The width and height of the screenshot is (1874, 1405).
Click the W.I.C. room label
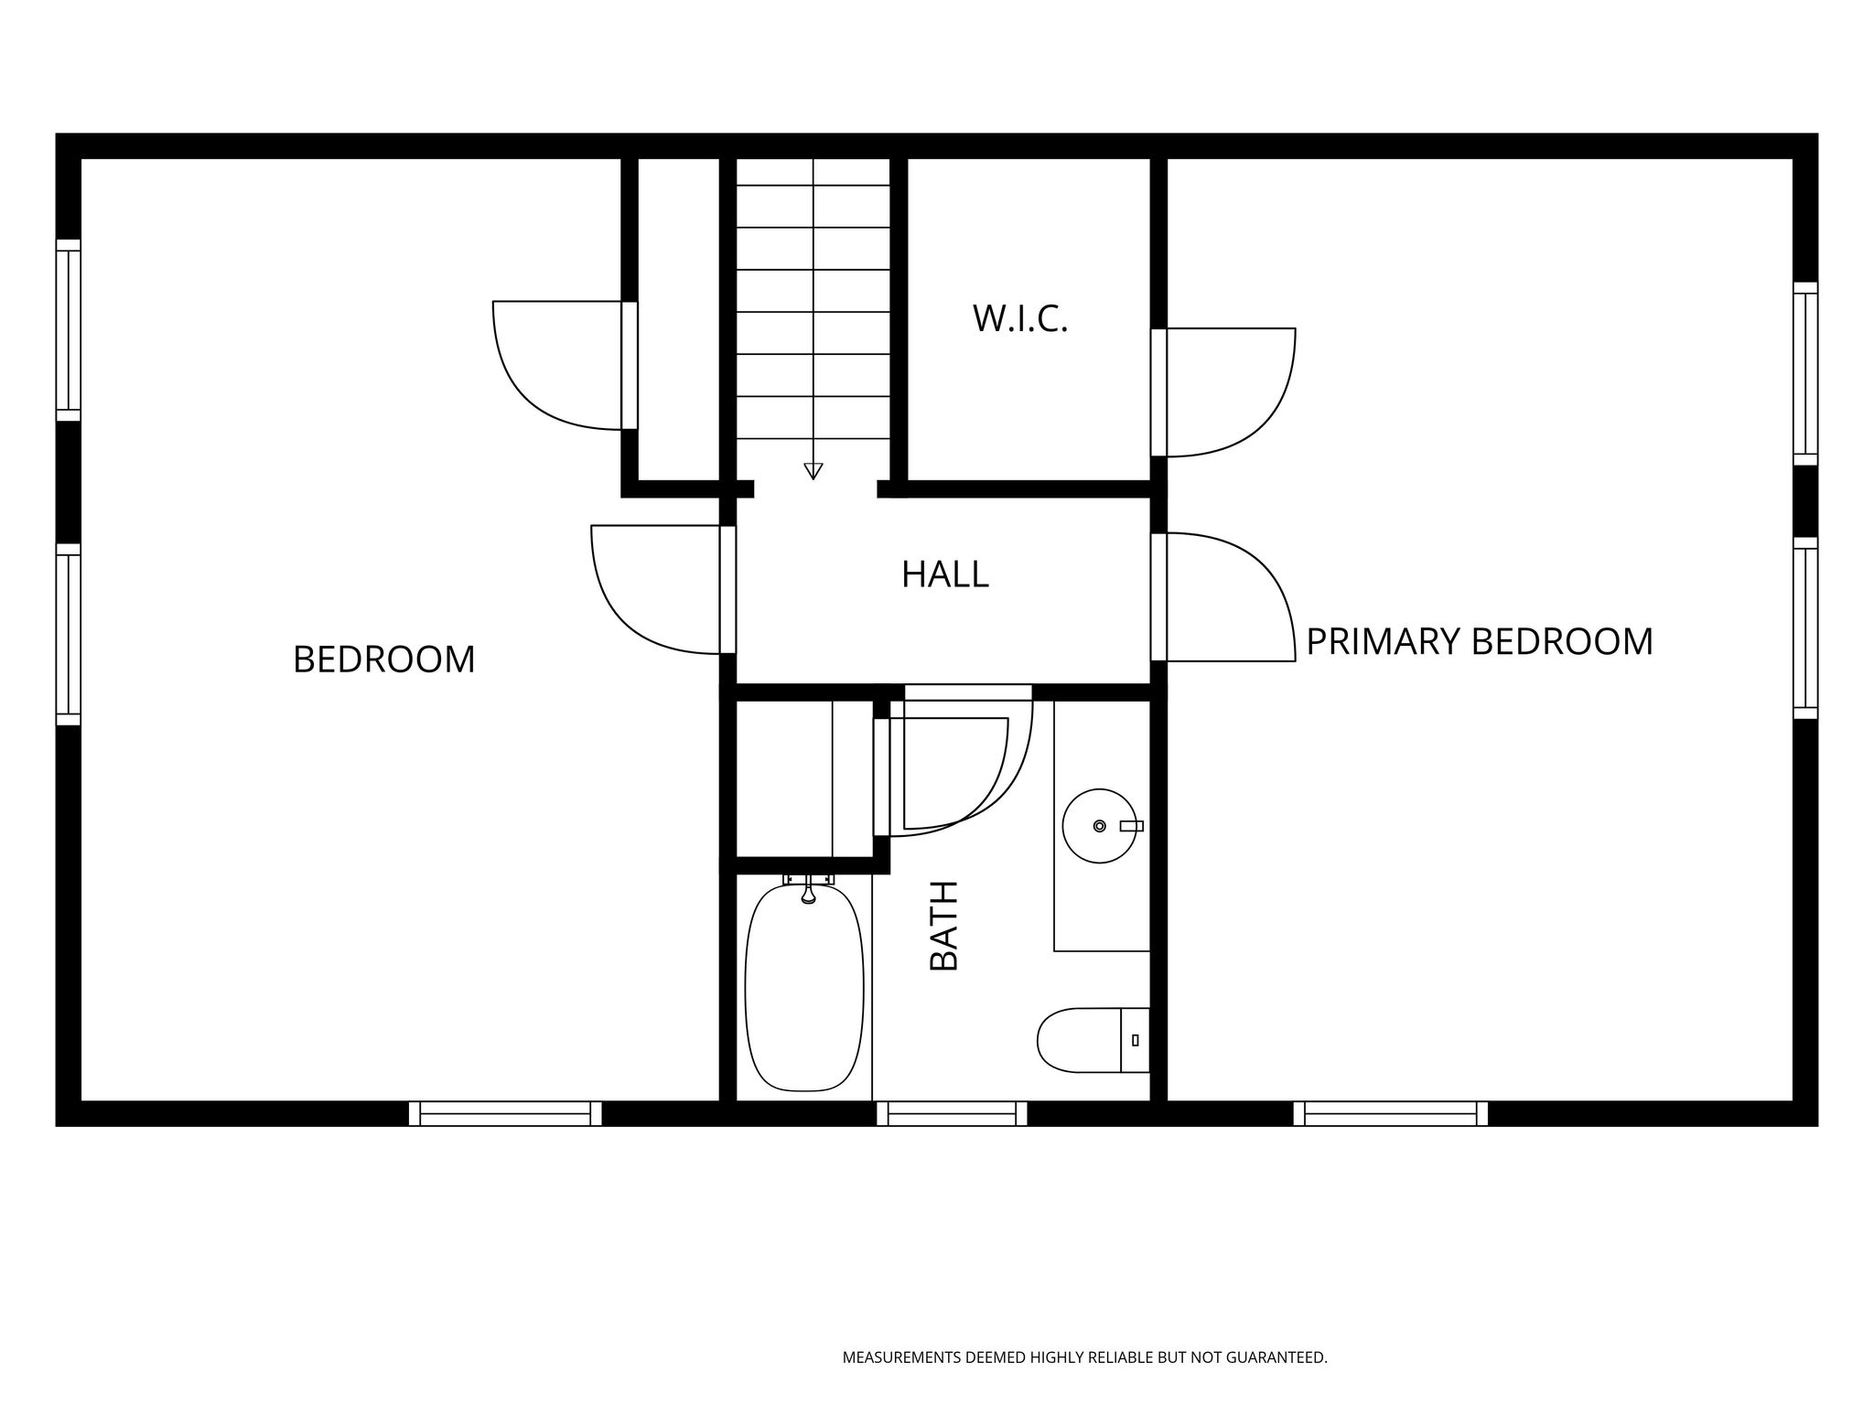tap(1020, 318)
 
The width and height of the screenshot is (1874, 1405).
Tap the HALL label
tap(945, 574)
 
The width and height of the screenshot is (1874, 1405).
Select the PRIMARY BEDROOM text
tap(1480, 641)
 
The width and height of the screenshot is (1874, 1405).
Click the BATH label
tap(943, 925)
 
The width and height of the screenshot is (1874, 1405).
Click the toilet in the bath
tap(1093, 1040)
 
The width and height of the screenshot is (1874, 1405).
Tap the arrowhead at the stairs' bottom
tap(813, 471)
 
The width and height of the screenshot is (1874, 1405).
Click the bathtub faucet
tap(808, 888)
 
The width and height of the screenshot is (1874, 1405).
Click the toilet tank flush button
tap(1136, 1040)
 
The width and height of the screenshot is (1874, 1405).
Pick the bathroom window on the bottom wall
tap(953, 1113)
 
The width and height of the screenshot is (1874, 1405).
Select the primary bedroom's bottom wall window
tap(1391, 1113)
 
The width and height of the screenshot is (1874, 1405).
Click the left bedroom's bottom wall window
tap(505, 1113)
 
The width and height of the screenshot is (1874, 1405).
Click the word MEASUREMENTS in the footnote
tap(902, 1357)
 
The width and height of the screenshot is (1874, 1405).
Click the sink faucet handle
tap(1132, 826)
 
